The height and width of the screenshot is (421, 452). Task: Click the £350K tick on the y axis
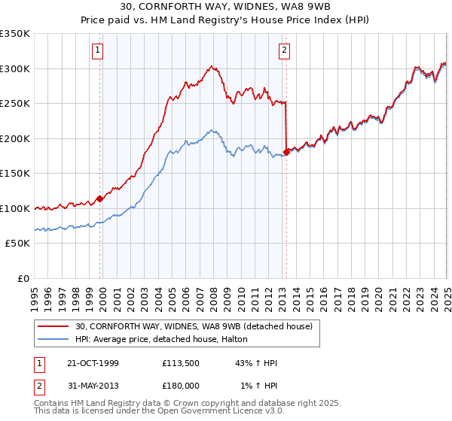pos(14,34)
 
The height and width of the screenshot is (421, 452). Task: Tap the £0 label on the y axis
pos(23,278)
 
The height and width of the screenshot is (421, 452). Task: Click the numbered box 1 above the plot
pos(99,51)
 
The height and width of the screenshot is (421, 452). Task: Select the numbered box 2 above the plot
pos(285,51)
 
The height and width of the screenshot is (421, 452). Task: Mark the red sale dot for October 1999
pos(99,199)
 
